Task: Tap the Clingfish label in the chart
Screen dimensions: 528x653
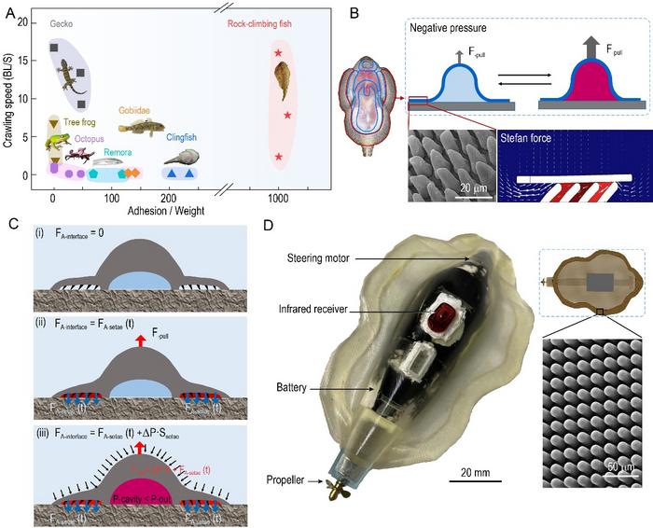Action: click(x=183, y=137)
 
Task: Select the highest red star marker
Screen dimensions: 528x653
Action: click(x=278, y=54)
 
